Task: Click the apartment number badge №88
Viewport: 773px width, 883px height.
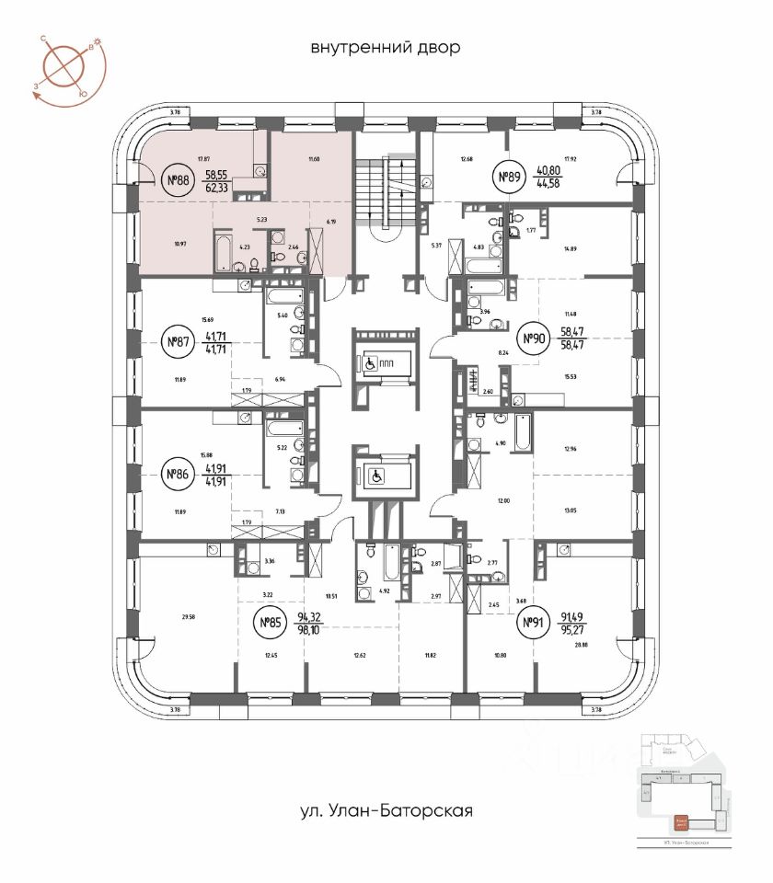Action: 177,181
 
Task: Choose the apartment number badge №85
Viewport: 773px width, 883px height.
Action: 270,625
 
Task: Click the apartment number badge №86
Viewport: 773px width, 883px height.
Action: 177,475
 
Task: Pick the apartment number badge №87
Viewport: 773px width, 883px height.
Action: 177,343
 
